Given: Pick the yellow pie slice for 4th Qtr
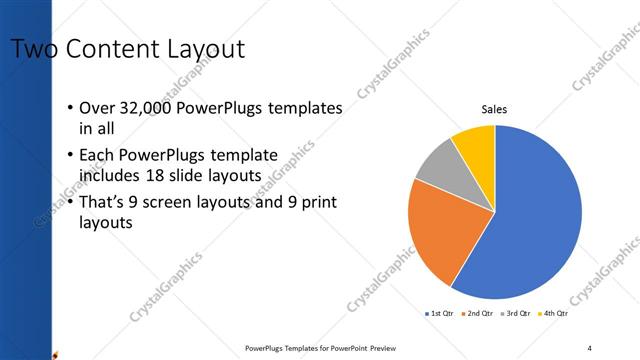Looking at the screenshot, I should click(475, 146).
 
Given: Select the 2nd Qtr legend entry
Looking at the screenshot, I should click(478, 313).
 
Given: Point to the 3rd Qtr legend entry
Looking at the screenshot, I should click(515, 313).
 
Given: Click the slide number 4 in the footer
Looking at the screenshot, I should click(589, 348).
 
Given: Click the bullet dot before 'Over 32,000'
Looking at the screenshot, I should click(69, 108).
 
